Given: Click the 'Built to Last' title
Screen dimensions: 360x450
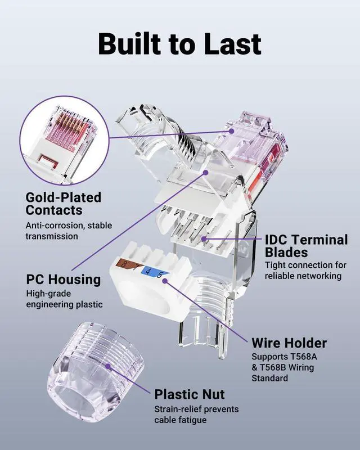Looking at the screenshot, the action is coord(179,43).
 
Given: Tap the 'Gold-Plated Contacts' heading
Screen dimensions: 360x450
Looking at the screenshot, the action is coord(64,204).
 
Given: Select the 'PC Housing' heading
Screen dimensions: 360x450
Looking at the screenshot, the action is coord(64,280).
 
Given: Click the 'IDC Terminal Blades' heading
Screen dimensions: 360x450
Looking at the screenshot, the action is coord(306,246).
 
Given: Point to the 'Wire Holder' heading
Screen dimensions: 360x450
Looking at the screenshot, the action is coord(289,343).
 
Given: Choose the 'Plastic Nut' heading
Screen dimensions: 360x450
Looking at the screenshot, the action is coord(190,394).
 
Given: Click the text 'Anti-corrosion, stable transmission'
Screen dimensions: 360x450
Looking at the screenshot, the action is coord(69,231).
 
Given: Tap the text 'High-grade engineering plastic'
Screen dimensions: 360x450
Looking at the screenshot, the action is coord(64,299).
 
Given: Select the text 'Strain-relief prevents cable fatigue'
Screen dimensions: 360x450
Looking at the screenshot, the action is coord(196,414).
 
